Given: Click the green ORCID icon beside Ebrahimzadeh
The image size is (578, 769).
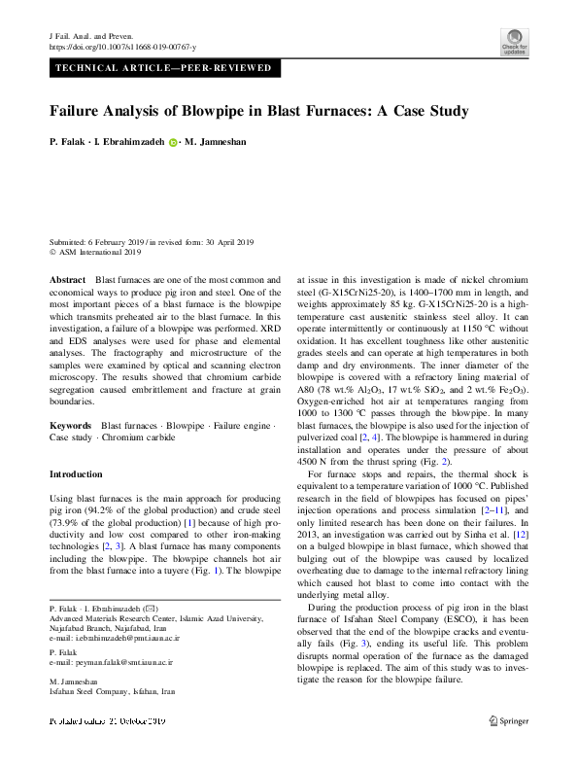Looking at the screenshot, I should tap(173, 142).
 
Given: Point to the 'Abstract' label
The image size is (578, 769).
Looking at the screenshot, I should tap(67, 279).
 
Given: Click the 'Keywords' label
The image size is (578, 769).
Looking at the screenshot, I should tap(70, 453).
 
